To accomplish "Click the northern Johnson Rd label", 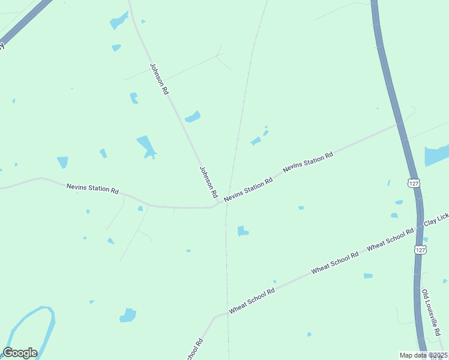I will pyautogui.click(x=159, y=79).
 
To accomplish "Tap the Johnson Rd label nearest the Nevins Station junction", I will pyautogui.click(x=208, y=182).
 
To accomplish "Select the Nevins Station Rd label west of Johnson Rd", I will pyautogui.click(x=92, y=188).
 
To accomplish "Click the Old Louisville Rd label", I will pyautogui.click(x=432, y=312).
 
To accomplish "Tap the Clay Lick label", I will pyautogui.click(x=436, y=221).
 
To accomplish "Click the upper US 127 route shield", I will pyautogui.click(x=414, y=182).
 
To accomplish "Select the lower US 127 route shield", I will pyautogui.click(x=420, y=250).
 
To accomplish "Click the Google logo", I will pyautogui.click(x=20, y=353).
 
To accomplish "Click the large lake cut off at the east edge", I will pyautogui.click(x=436, y=155).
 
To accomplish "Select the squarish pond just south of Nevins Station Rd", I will pyautogui.click(x=242, y=231).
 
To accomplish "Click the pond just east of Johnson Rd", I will pyautogui.click(x=193, y=116).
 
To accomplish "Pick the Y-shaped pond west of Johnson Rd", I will pyautogui.click(x=146, y=146).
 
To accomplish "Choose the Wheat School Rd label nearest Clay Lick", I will pyautogui.click(x=390, y=239).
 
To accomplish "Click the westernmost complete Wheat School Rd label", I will pyautogui.click(x=252, y=299).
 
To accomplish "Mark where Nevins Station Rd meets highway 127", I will pyautogui.click(x=400, y=124).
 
